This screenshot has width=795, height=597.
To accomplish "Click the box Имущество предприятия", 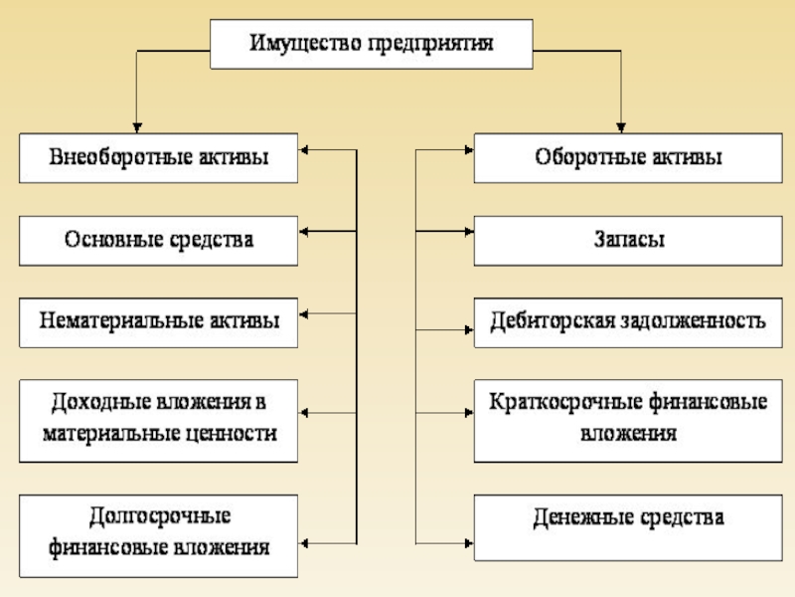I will click(x=372, y=45).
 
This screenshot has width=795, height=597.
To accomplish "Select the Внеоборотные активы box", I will click(x=159, y=157).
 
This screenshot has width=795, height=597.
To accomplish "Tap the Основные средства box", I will click(x=159, y=240).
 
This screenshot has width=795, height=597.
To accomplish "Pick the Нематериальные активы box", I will click(x=159, y=321).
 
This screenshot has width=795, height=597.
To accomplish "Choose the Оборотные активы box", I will click(x=629, y=157).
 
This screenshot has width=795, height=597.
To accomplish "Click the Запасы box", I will click(x=629, y=240).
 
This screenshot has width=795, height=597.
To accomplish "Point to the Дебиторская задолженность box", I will click(x=629, y=321).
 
